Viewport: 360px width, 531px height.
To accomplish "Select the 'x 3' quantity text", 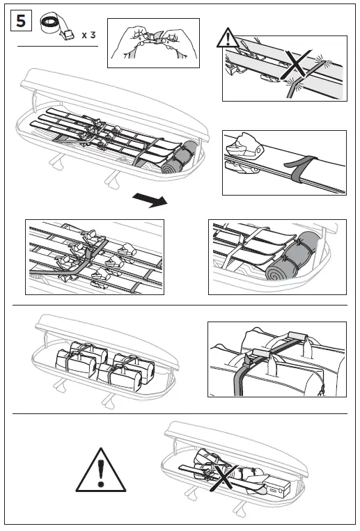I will pos(88,33).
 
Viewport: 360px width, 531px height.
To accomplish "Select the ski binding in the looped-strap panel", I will pos(244,150).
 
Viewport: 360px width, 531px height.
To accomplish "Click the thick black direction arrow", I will pos(150,202).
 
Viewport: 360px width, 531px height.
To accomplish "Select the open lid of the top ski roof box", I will pos(111,87).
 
